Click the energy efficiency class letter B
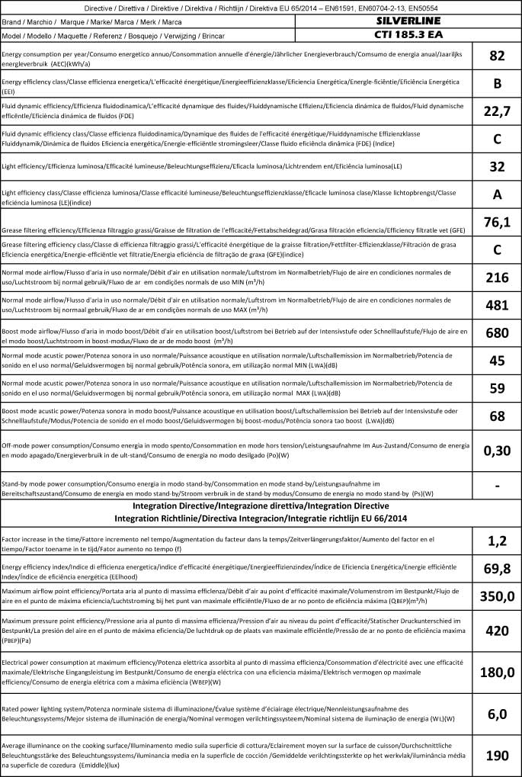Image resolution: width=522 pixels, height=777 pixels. (x=498, y=83)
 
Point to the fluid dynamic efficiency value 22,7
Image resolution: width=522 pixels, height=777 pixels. (x=498, y=111)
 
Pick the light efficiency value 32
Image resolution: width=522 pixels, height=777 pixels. (x=498, y=166)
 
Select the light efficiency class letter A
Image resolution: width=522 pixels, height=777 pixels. (x=498, y=194)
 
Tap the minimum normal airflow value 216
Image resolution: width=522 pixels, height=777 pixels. (x=498, y=277)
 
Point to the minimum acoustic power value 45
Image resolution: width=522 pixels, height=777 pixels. (x=498, y=360)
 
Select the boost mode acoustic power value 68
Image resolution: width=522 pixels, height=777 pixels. (x=498, y=416)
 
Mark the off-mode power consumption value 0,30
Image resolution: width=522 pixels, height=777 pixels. (x=498, y=450)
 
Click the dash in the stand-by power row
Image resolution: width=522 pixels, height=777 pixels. (x=498, y=486)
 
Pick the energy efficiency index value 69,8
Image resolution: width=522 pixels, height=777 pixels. (x=498, y=568)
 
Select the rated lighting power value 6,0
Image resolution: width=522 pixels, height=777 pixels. (x=498, y=714)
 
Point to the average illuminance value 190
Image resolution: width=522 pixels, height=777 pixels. (x=498, y=755)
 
